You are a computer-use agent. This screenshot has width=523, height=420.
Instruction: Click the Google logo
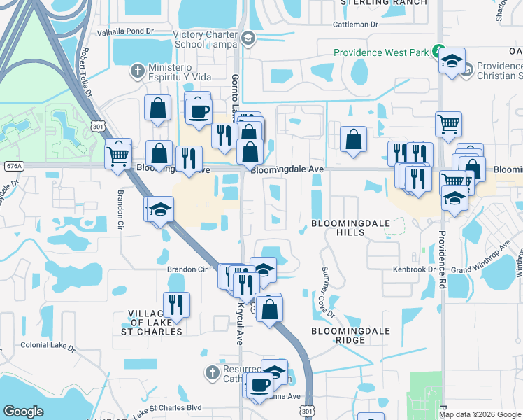pos(24,412)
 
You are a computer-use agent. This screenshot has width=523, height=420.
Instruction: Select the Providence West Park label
pos(380,52)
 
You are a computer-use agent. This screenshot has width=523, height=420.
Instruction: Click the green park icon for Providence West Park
pos(438,50)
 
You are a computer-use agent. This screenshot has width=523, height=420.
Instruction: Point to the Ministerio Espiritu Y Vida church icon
pos(138,71)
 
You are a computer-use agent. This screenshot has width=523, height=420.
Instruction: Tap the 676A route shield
pos(13,166)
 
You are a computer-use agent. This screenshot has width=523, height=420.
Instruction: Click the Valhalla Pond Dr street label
pos(124,32)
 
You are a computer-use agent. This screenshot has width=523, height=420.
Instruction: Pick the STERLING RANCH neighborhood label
pos(383,3)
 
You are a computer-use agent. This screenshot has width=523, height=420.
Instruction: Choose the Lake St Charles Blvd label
pos(168,407)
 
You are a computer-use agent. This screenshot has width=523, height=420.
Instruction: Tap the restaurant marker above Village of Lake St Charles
pos(176,303)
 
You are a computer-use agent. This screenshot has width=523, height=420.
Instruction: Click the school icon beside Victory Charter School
pos(248,39)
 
